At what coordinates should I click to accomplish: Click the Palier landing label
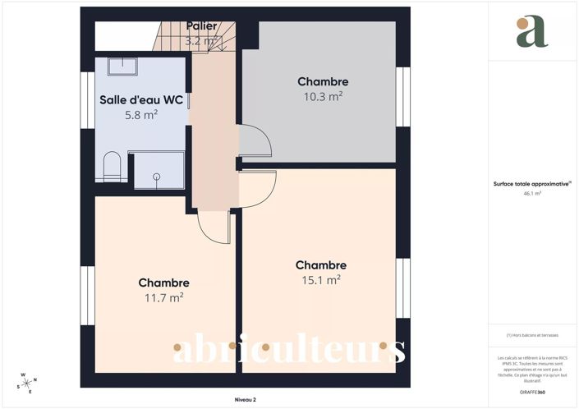point(201,26)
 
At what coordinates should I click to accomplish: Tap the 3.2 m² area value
point(201,40)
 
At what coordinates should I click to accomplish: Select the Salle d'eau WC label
point(141,100)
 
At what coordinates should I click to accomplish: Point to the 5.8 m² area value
point(141,115)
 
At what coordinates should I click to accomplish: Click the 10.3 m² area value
point(323,96)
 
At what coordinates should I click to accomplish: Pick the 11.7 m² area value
point(164,298)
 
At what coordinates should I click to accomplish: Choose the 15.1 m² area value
point(321,280)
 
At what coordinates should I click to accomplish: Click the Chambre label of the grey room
point(323,81)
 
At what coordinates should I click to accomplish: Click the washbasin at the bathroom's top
point(127,66)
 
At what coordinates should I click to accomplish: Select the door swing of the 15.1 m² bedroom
point(256,188)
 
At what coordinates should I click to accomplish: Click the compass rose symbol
point(26,383)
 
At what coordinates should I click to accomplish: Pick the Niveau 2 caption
point(245,400)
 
